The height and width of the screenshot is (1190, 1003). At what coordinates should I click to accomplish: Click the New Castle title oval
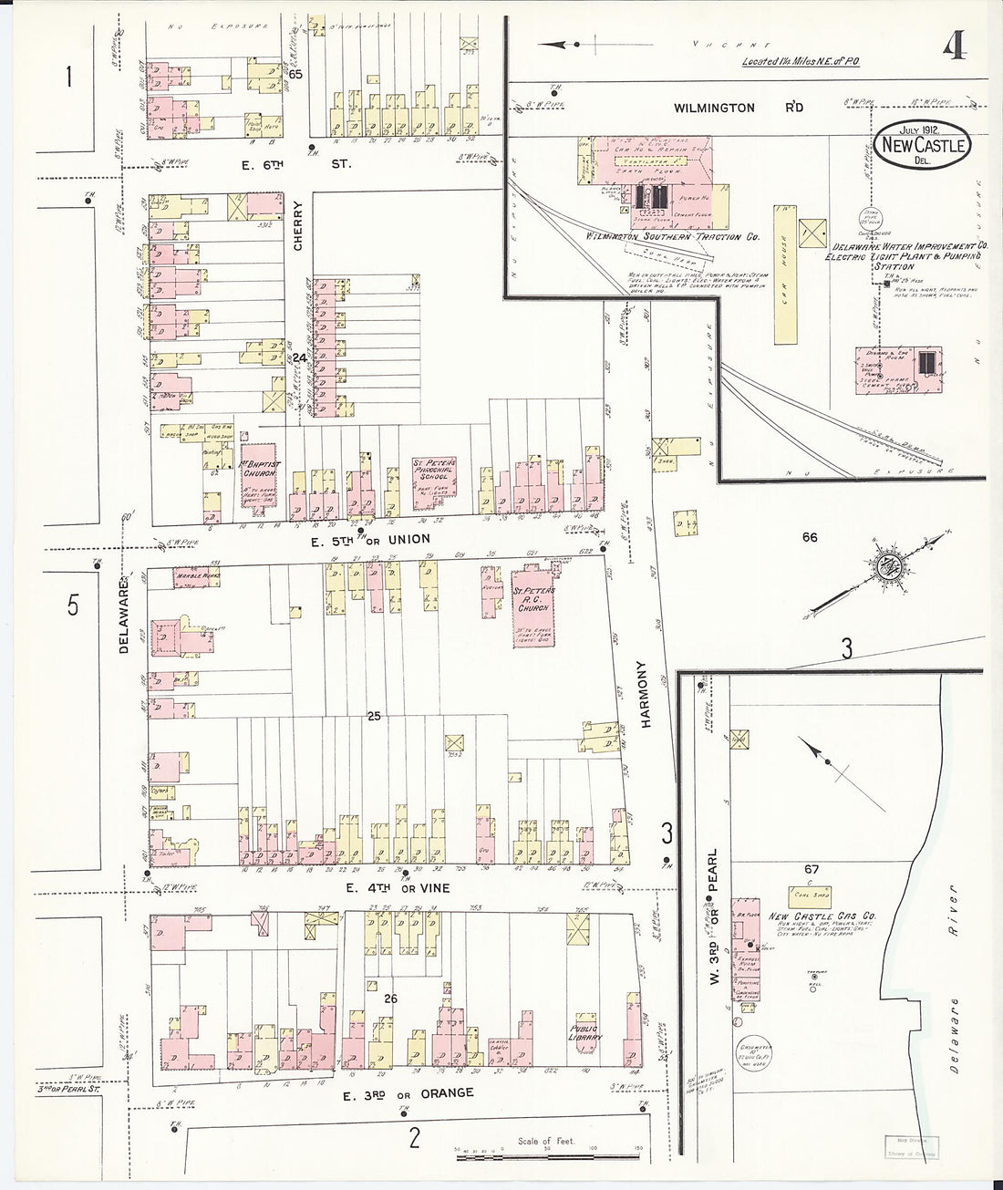(922, 145)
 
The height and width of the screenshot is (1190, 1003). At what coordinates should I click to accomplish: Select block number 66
(809, 537)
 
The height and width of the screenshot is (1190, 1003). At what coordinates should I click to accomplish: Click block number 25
(374, 717)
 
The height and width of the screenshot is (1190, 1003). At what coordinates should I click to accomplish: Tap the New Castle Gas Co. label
(822, 916)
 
